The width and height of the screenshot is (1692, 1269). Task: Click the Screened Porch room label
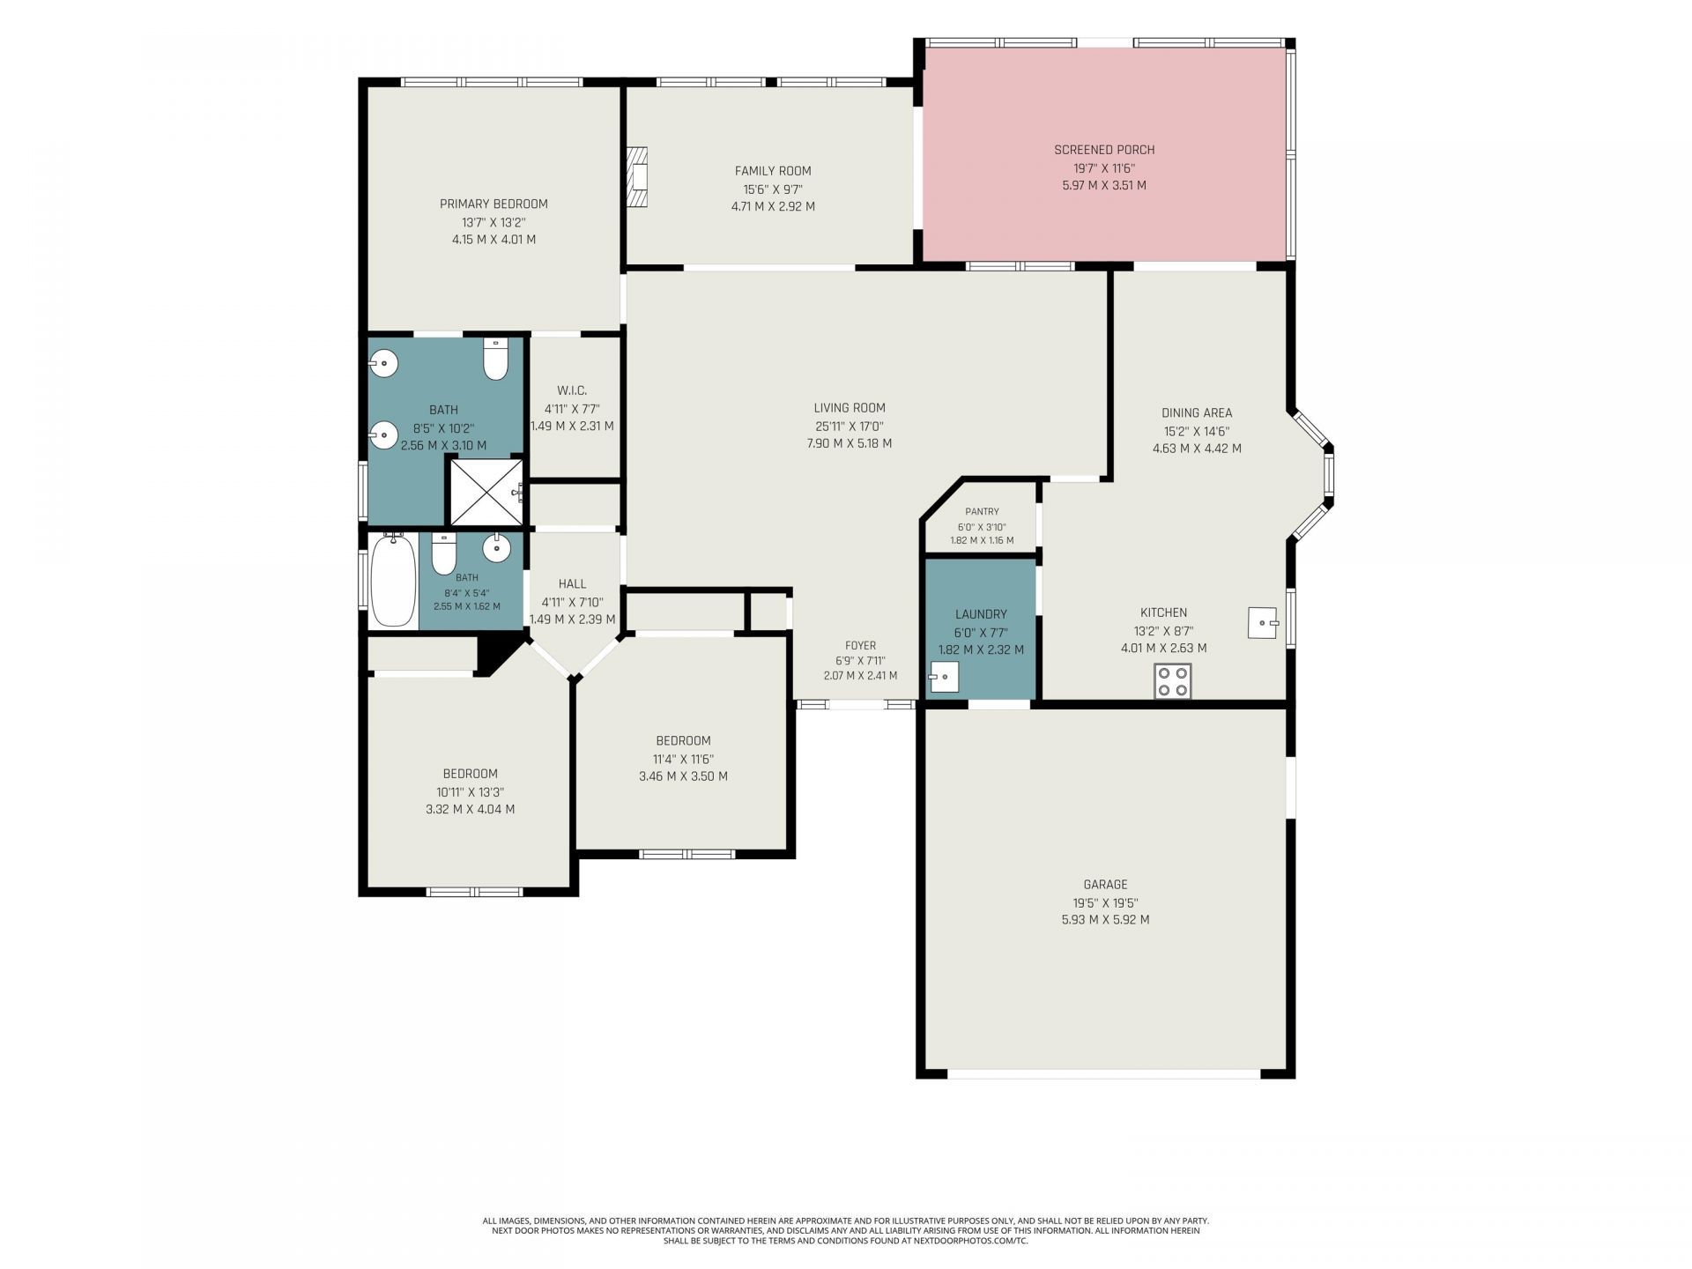pyautogui.click(x=1104, y=150)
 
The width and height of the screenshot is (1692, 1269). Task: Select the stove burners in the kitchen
pyautogui.click(x=1173, y=681)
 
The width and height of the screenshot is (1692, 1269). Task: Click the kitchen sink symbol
pyautogui.click(x=1263, y=623)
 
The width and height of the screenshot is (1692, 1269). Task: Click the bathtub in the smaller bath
pyautogui.click(x=393, y=580)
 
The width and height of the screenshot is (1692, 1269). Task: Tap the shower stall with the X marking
pyautogui.click(x=486, y=493)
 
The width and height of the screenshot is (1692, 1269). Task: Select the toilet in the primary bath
pyautogui.click(x=496, y=359)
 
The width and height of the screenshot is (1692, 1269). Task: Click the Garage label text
pyautogui.click(x=1105, y=885)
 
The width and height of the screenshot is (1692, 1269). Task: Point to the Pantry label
pyautogui.click(x=982, y=511)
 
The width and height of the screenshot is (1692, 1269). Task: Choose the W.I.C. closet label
pyautogui.click(x=572, y=390)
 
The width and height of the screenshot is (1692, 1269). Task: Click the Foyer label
pyautogui.click(x=860, y=646)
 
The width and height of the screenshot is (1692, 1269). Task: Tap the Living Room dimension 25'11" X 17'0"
pyautogui.click(x=850, y=426)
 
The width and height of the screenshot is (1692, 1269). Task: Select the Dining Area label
pyautogui.click(x=1197, y=412)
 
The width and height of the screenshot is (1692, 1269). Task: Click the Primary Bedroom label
pyautogui.click(x=493, y=204)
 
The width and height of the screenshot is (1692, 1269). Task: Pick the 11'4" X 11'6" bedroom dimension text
pyautogui.click(x=683, y=759)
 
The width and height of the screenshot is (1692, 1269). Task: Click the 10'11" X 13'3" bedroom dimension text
pyautogui.click(x=471, y=792)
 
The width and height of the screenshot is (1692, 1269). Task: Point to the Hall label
pyautogui.click(x=572, y=583)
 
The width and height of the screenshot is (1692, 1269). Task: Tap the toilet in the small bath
pyautogui.click(x=443, y=553)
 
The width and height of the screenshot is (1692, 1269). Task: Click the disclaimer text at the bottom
pyautogui.click(x=846, y=1230)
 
